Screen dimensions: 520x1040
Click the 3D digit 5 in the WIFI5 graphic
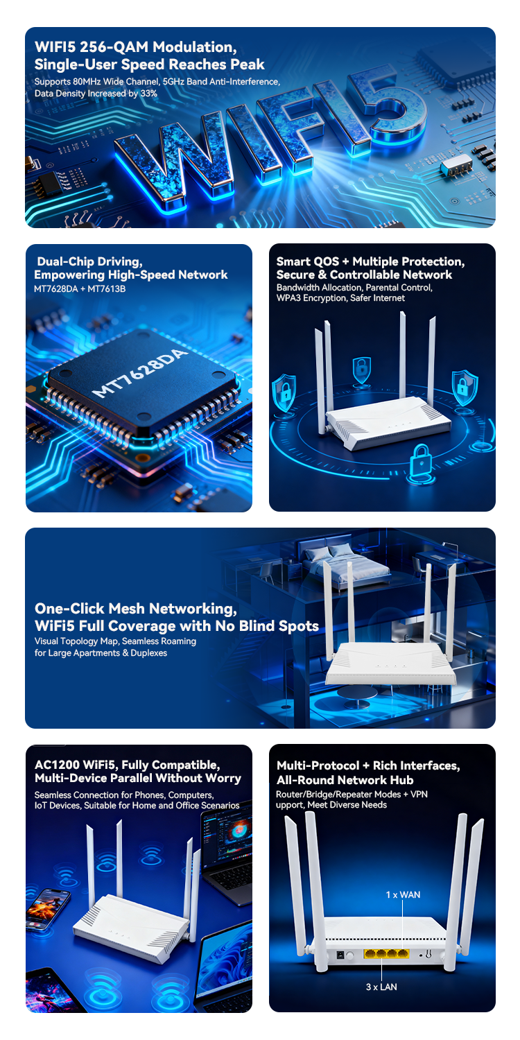pos(395,109)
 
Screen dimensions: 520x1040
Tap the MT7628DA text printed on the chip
pos(140,373)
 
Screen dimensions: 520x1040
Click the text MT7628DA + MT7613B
pos(80,289)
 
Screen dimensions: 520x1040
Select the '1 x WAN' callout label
pos(403,894)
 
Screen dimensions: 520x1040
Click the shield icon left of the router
pos(284,393)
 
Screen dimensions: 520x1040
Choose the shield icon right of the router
pos(465,386)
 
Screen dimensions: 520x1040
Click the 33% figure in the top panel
pos(148,94)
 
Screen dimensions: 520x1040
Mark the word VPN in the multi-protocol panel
pos(419,794)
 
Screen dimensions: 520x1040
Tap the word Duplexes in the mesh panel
pos(148,653)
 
